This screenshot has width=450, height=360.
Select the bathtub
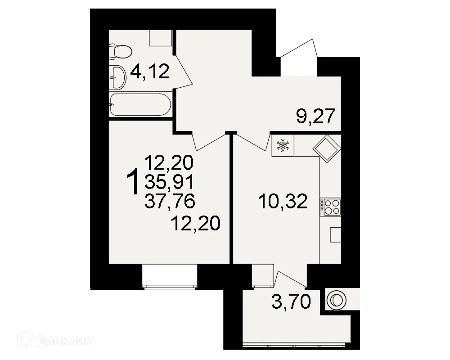click(x=140, y=105)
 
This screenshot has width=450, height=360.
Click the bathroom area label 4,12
click(x=150, y=71)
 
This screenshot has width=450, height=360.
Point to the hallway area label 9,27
click(x=316, y=117)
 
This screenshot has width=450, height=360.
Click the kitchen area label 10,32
click(x=283, y=202)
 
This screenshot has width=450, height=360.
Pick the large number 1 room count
click(x=133, y=182)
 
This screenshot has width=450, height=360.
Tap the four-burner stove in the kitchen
click(x=331, y=207)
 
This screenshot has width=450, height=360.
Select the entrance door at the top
click(x=299, y=52)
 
